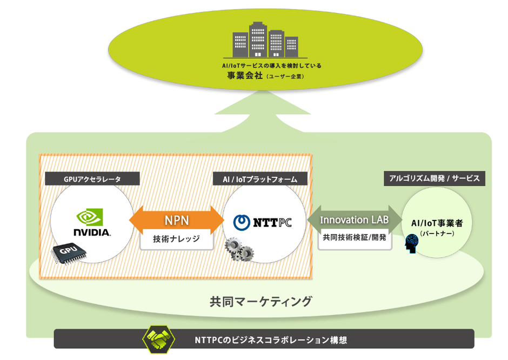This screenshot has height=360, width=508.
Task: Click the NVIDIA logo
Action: pos(92,223)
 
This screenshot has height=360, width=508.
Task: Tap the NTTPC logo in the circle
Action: pos(262,222)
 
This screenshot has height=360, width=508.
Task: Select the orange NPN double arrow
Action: pos(176,221)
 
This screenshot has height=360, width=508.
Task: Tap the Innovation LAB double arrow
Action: pos(354,221)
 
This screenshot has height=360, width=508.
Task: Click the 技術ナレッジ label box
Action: pos(176,239)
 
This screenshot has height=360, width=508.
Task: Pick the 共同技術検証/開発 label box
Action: pos(355,238)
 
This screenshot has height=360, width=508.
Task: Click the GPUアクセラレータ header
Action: pos(92,178)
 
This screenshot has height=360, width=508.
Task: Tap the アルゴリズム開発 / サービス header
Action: pos(435,178)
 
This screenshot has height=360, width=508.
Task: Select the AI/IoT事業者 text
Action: pos(434,223)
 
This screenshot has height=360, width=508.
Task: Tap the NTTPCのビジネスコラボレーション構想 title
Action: pos(270,341)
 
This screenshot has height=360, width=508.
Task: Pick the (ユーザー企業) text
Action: pos(285,77)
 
